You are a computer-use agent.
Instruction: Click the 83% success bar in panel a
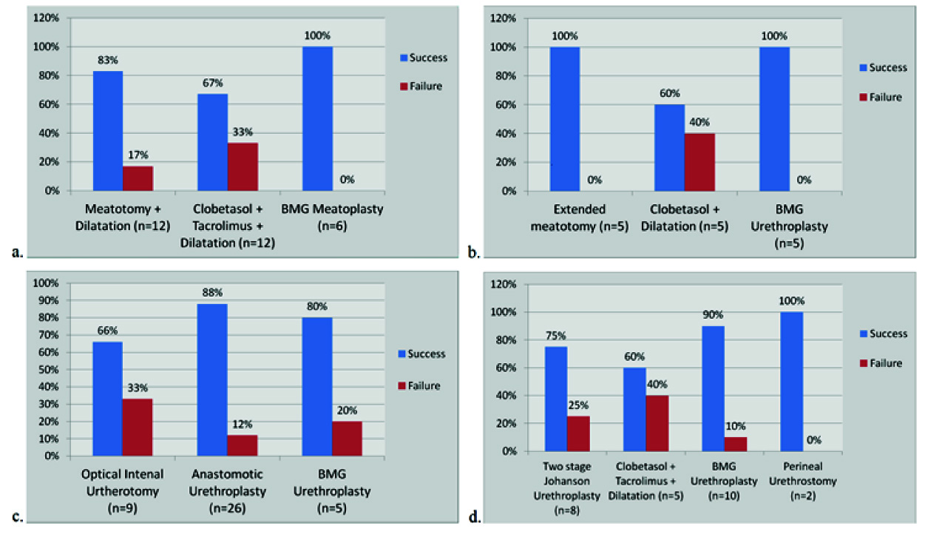coord(108,131)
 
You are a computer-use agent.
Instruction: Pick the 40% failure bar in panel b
coord(699,162)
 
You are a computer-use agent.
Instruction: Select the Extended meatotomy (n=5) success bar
coord(565,119)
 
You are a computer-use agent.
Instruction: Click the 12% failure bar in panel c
coord(243,445)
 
